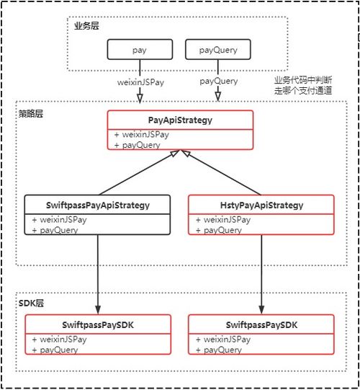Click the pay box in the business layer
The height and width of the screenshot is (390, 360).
click(x=139, y=50)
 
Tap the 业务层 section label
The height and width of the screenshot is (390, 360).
click(x=86, y=26)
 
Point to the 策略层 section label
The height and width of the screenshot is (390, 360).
click(x=30, y=114)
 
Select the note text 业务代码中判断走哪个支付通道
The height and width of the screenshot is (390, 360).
click(x=302, y=85)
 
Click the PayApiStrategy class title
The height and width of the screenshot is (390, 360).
click(x=180, y=120)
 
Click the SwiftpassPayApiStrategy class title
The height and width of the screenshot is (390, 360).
click(x=98, y=205)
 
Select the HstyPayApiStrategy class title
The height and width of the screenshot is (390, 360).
click(x=261, y=205)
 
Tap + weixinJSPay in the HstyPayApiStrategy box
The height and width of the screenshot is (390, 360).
click(x=223, y=219)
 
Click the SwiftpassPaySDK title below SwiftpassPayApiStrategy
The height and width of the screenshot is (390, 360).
click(x=98, y=325)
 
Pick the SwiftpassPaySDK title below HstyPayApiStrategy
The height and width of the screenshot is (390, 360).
click(x=261, y=325)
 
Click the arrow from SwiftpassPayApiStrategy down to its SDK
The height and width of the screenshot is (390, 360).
click(x=98, y=274)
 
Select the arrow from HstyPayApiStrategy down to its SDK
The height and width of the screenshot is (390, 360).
click(x=261, y=274)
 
